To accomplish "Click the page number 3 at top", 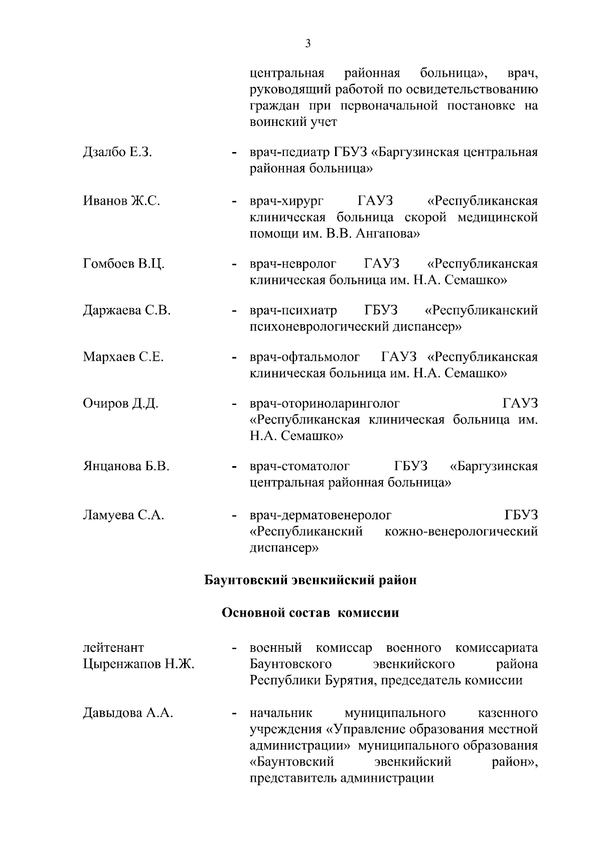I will [308, 43].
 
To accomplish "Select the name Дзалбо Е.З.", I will [117, 152].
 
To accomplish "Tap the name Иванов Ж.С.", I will [121, 201].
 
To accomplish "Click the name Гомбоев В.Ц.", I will [123, 264].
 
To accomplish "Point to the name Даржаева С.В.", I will [126, 311].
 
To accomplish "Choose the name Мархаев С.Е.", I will [123, 357].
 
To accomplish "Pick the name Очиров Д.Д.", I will [120, 403].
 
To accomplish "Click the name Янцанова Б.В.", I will [126, 466].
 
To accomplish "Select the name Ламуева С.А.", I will [123, 515].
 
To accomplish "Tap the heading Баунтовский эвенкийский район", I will [311, 580].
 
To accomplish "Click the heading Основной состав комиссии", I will [311, 613].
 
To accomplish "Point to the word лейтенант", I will [113, 648].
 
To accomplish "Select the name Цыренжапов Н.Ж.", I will [138, 664].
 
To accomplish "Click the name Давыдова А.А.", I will [128, 713].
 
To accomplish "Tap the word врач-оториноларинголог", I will [325, 403].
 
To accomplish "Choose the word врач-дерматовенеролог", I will [321, 515].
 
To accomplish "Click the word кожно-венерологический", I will [461, 531].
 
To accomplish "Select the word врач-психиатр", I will [293, 311].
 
